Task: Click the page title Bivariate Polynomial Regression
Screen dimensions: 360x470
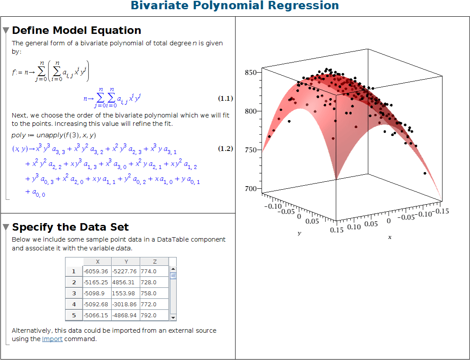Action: pyautogui.click(x=235, y=6)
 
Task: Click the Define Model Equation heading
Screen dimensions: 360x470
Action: pyautogui.click(x=77, y=30)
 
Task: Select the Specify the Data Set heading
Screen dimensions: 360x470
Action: pyautogui.click(x=70, y=227)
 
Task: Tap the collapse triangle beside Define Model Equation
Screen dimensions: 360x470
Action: pyautogui.click(x=6, y=31)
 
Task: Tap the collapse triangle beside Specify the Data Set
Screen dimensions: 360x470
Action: pyautogui.click(x=6, y=228)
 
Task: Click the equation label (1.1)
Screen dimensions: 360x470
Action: pyautogui.click(x=226, y=99)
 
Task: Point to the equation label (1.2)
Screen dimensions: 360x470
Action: pyautogui.click(x=226, y=149)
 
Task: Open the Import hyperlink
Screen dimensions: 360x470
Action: pyautogui.click(x=52, y=339)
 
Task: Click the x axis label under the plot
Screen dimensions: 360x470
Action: pyautogui.click(x=390, y=237)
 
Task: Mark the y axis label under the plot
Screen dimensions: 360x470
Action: pyautogui.click(x=299, y=233)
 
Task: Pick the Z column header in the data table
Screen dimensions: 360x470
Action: pyautogui.click(x=154, y=261)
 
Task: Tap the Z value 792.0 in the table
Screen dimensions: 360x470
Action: pyautogui.click(x=149, y=316)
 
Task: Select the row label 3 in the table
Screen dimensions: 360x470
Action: pyautogui.click(x=74, y=294)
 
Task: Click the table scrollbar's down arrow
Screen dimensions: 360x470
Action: pyautogui.click(x=173, y=317)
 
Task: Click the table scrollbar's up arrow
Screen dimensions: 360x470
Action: pyautogui.click(x=173, y=269)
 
